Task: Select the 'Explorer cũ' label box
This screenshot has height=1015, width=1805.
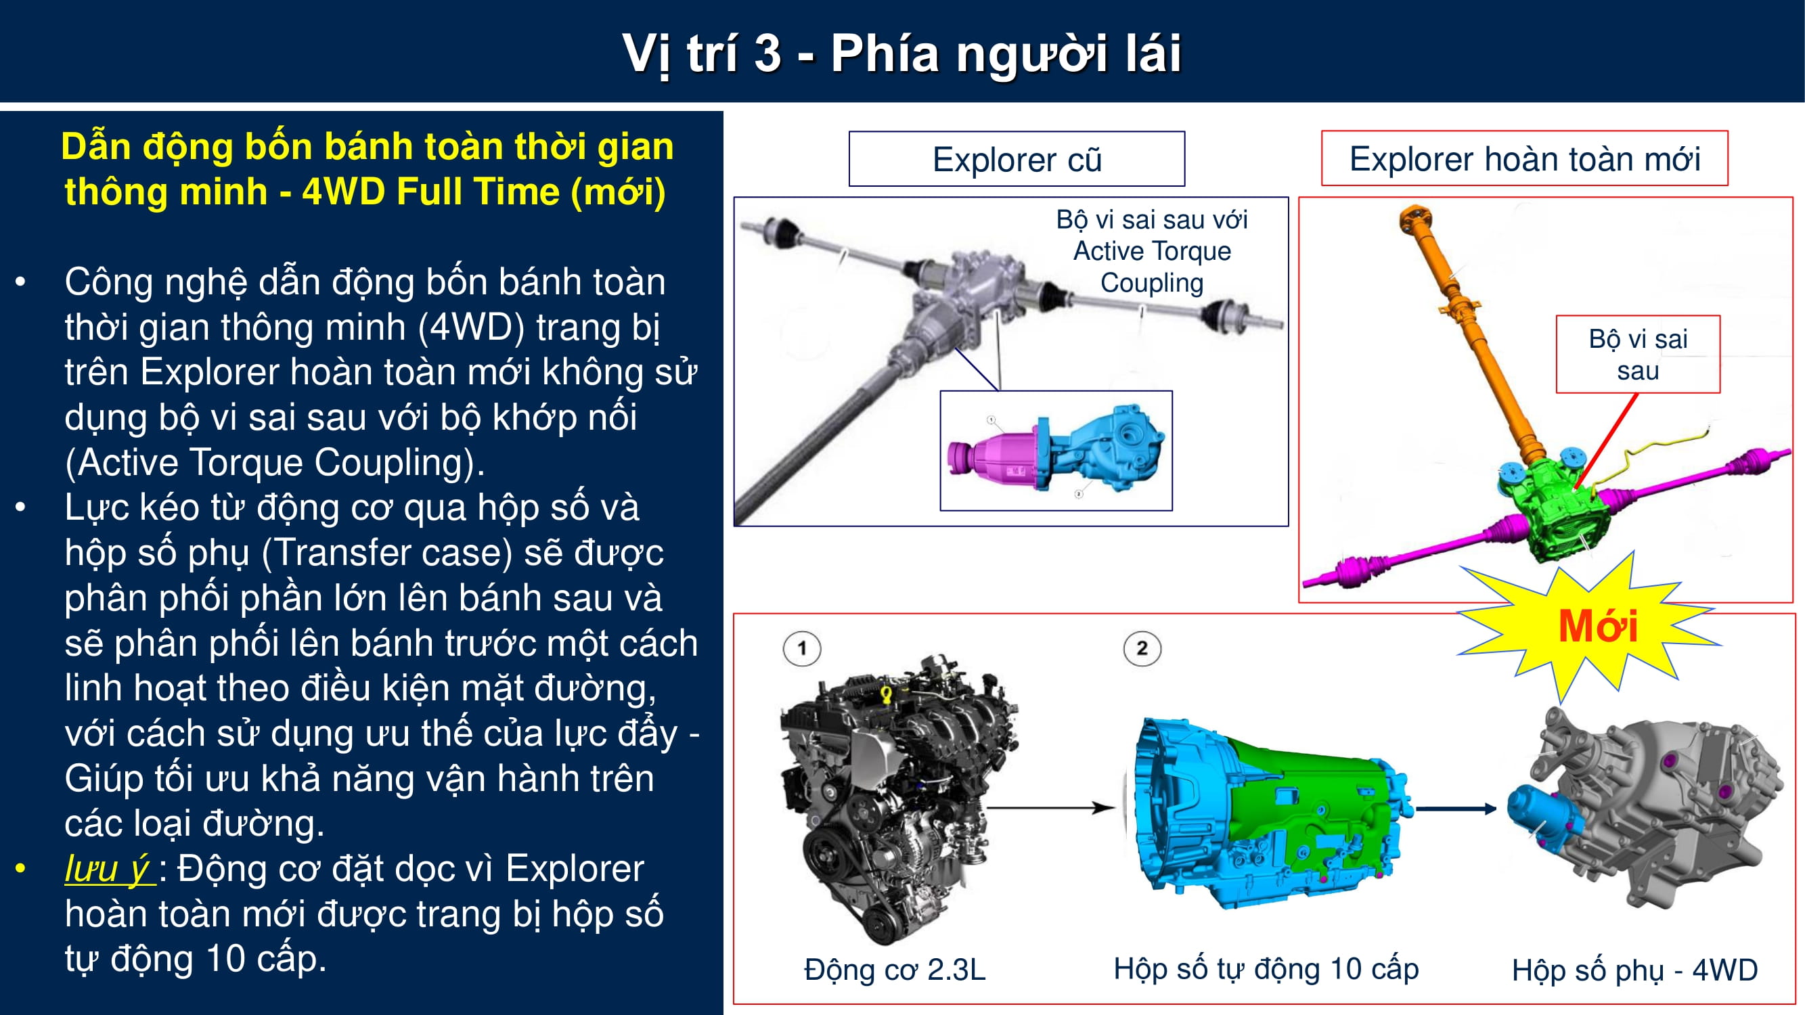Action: click(1017, 159)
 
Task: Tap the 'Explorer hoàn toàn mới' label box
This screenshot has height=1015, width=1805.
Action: click(1525, 158)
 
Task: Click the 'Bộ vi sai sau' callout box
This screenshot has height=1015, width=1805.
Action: click(1639, 355)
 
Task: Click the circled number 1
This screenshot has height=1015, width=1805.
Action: click(802, 648)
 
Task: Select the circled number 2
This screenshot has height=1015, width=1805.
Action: click(1142, 648)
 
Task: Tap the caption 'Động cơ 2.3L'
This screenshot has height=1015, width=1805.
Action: click(895, 970)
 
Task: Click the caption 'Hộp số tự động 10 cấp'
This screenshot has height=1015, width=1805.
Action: click(1266, 969)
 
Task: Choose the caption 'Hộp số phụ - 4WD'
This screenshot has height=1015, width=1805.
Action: click(1634, 970)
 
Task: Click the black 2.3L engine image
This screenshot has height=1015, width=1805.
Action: click(899, 798)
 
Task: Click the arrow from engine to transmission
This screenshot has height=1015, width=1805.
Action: click(1050, 808)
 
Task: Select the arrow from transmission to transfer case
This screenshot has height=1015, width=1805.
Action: click(1456, 809)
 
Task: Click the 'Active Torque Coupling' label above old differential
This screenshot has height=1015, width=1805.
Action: click(1152, 251)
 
